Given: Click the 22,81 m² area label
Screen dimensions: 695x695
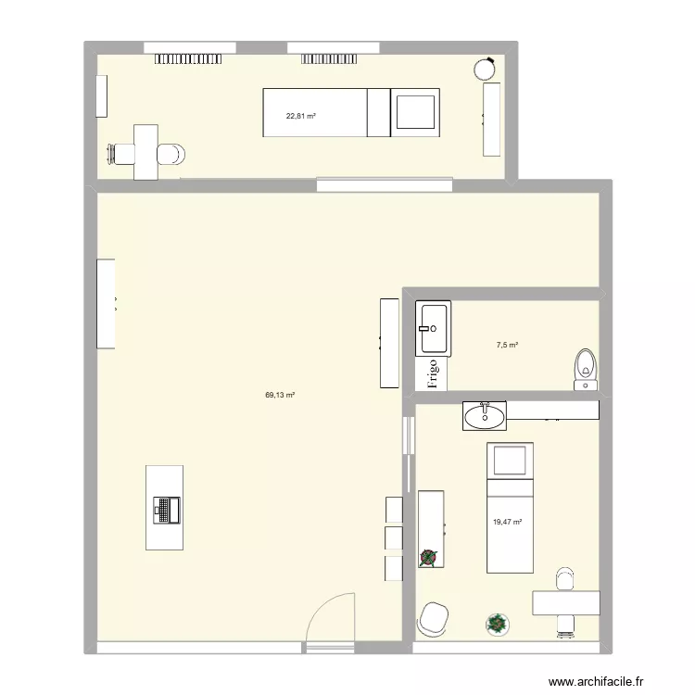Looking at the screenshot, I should click(x=300, y=116).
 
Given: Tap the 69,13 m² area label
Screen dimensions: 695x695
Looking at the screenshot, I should click(x=280, y=395).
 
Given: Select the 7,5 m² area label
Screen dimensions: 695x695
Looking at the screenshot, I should click(x=507, y=346).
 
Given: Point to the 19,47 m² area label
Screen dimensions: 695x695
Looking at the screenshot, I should click(x=508, y=523).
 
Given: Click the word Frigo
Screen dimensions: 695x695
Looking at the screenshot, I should click(x=432, y=373).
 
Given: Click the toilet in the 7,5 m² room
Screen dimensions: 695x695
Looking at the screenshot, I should click(x=586, y=365).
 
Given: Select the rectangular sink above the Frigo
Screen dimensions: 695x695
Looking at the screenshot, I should click(x=433, y=328).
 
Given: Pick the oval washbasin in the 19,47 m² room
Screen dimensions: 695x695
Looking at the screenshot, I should click(x=485, y=416).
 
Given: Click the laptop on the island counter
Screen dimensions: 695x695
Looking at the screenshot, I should click(x=167, y=508).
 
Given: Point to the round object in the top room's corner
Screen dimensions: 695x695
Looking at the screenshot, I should click(x=485, y=68).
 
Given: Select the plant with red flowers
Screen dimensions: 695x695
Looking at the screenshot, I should click(x=429, y=557).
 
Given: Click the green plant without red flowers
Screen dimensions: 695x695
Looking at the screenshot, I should click(x=498, y=624).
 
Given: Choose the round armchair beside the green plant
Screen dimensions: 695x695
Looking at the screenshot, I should click(x=434, y=619).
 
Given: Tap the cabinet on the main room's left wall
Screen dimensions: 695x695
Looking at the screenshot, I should click(x=107, y=303).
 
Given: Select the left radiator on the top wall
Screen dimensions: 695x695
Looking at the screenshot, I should click(x=182, y=58).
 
